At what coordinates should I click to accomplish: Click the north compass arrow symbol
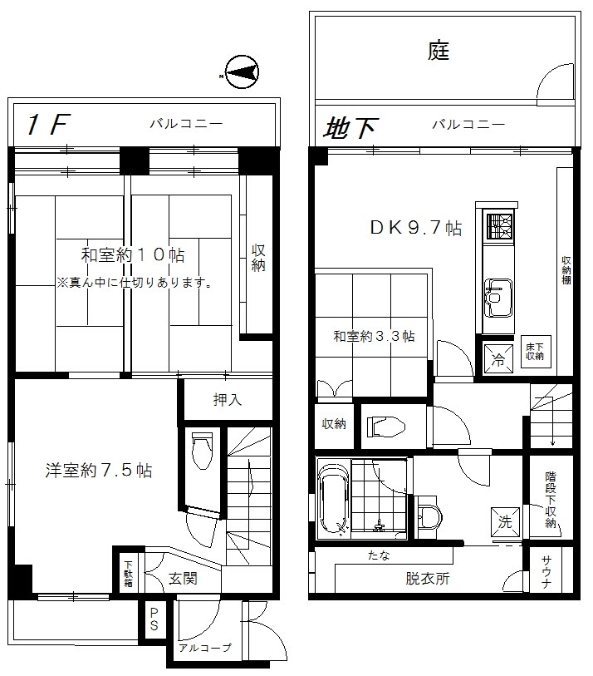[x=241, y=74]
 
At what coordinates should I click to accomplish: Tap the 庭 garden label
[x=439, y=52]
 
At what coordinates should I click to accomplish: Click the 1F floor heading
[x=46, y=126]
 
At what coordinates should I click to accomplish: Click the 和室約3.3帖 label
[x=374, y=336]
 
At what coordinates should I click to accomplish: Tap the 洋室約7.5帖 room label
[x=98, y=470]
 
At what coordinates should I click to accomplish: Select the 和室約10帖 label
[x=132, y=254]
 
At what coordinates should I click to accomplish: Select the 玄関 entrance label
[x=182, y=579]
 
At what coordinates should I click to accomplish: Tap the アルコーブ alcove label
[x=203, y=648]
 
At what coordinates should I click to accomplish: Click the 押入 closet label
[x=227, y=400]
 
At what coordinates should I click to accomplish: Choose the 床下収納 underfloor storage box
[x=534, y=352]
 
